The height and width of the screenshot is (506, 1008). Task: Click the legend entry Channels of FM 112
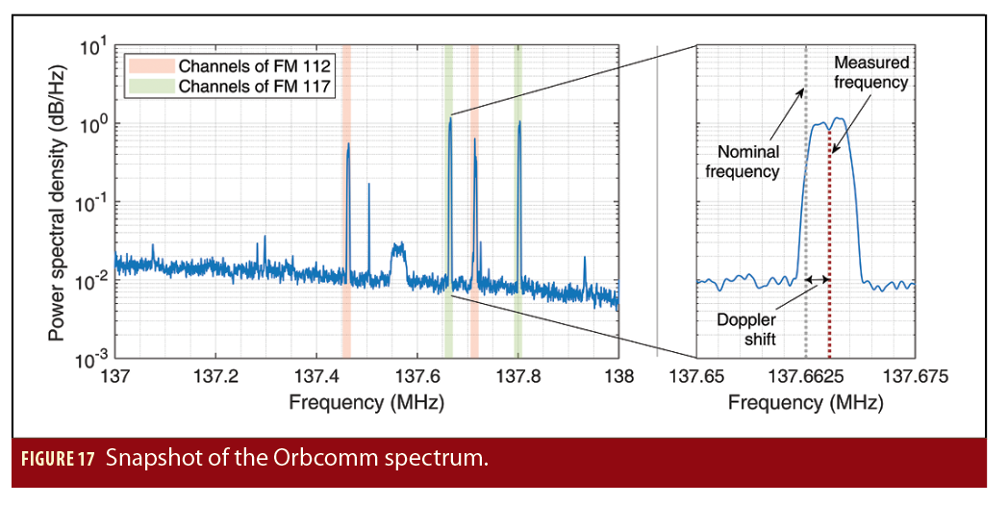point(255,66)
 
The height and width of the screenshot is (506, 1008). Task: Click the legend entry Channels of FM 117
point(255,86)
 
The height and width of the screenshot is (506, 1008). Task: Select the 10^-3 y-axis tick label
point(86,360)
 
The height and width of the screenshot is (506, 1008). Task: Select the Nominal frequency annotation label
point(743,162)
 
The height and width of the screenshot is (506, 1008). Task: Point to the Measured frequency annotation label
point(870,72)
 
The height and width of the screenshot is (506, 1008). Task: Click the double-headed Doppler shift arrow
point(817,280)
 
